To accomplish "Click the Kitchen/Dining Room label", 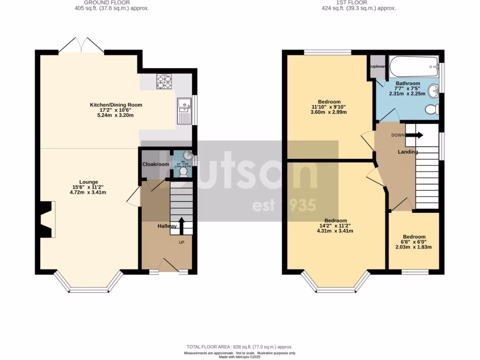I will (116, 105).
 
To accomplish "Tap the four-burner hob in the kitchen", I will (164, 82).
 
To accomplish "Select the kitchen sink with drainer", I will (184, 111).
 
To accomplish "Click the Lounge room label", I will (88, 182).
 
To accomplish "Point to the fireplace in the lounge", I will (47, 219).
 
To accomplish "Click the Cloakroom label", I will (156, 165).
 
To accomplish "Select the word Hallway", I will (167, 226).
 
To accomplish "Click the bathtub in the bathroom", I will (414, 67).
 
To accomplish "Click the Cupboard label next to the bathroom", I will (378, 67).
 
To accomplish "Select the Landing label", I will (408, 152).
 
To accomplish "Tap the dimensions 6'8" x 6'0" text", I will (414, 242).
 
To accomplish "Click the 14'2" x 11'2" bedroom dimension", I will (336, 225).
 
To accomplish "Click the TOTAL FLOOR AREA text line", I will (240, 346).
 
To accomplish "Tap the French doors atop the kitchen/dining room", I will (82, 45).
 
